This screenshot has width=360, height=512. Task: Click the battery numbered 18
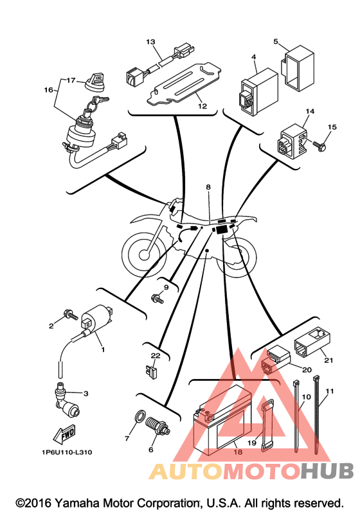222,421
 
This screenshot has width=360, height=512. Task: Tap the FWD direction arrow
64,434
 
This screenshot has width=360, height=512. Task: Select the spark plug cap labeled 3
66,399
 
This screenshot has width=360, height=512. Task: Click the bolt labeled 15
319,145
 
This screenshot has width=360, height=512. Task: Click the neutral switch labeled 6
158,426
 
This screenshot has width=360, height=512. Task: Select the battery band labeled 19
265,426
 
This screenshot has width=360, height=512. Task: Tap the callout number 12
203,106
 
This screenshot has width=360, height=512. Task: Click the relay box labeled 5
298,68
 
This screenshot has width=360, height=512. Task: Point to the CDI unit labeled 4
258,91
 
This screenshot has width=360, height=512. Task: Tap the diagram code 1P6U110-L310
67,452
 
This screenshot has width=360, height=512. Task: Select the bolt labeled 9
157,299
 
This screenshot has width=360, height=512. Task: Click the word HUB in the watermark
327,471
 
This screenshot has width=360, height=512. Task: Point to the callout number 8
208,187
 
